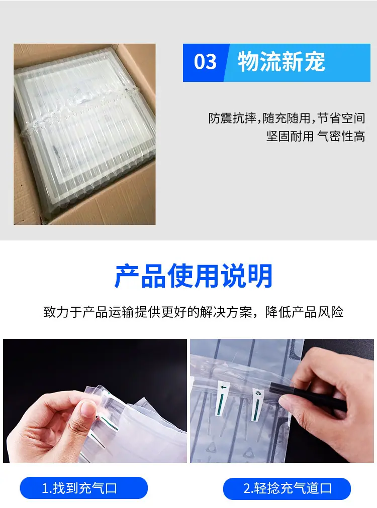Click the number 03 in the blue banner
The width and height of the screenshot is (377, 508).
click(205, 62)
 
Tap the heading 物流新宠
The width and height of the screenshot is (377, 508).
click(281, 62)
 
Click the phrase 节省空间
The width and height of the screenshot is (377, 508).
click(341, 118)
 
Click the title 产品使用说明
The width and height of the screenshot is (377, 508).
click(194, 276)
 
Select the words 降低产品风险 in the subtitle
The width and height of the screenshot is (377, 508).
click(304, 312)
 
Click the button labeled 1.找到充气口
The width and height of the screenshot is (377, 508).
click(84, 488)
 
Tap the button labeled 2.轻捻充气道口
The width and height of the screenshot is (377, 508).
click(287, 488)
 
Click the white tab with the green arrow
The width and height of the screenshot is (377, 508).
click(222, 399)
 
